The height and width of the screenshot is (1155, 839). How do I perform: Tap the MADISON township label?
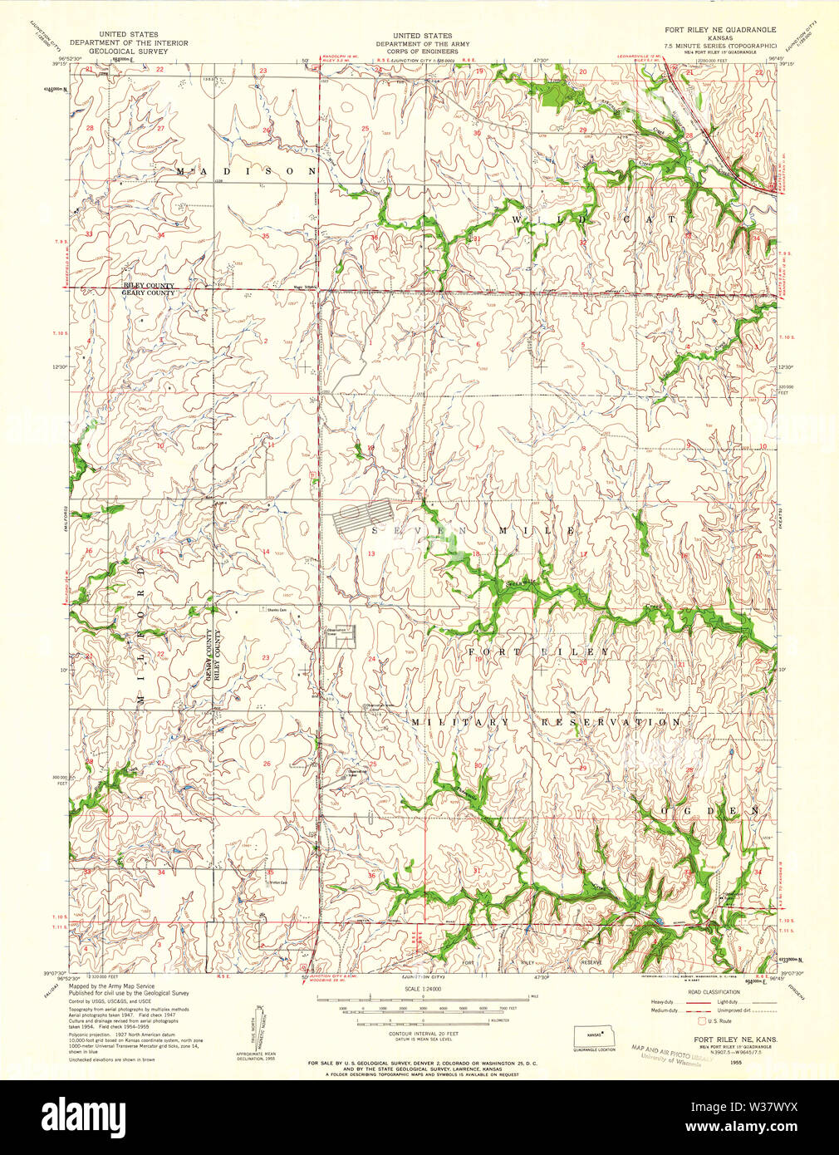(246, 170)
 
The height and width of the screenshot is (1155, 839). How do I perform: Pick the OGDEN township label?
(709, 809)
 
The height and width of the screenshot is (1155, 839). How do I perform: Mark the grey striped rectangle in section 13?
(363, 520)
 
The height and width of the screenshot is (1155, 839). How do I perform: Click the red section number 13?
(371, 553)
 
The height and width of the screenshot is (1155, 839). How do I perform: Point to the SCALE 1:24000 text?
(423, 988)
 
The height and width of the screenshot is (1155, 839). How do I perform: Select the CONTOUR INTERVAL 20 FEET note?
(423, 1035)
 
